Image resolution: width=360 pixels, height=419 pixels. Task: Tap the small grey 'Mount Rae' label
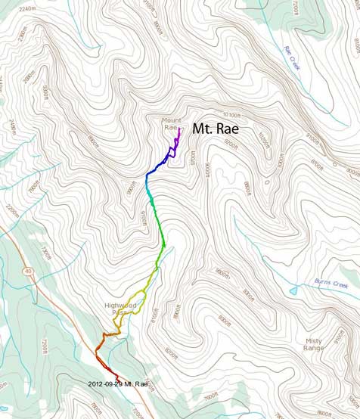click(171, 123)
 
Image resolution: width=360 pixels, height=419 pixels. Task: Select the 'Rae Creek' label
click(292, 58)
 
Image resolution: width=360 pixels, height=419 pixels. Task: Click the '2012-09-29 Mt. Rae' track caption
click(123, 383)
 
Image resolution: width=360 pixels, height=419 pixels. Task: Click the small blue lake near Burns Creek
click(293, 290)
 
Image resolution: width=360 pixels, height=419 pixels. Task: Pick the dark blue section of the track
click(155, 168)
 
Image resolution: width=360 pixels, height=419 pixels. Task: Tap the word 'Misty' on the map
click(313, 340)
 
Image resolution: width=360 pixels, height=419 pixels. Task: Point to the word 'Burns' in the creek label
click(322, 284)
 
